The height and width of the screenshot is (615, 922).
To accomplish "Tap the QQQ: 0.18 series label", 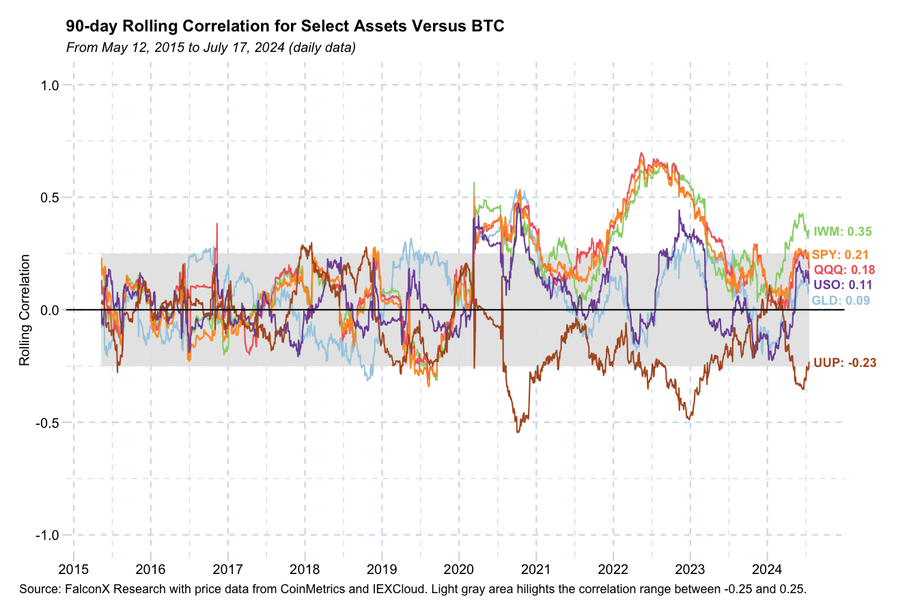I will (x=844, y=270).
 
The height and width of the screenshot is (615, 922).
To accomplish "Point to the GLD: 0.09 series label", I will (x=840, y=301).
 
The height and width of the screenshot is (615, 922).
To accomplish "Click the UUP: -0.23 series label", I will (x=845, y=363).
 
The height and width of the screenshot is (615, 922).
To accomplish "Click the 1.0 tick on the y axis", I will (x=51, y=85).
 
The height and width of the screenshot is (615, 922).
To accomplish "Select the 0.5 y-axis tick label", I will (x=51, y=197).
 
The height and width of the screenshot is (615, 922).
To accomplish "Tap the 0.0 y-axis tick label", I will (x=51, y=310).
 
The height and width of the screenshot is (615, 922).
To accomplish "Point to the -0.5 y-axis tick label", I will (x=48, y=422).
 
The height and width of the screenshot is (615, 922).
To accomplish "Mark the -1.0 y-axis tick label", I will (x=48, y=535).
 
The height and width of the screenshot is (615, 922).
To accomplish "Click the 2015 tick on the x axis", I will (x=73, y=570).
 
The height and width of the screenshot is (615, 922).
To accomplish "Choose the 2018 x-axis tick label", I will (x=305, y=570).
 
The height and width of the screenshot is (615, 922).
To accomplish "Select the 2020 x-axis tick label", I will (x=459, y=570).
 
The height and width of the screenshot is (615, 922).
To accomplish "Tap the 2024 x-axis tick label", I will (x=767, y=570).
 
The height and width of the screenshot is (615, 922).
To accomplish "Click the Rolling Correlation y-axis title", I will (x=25, y=310).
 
